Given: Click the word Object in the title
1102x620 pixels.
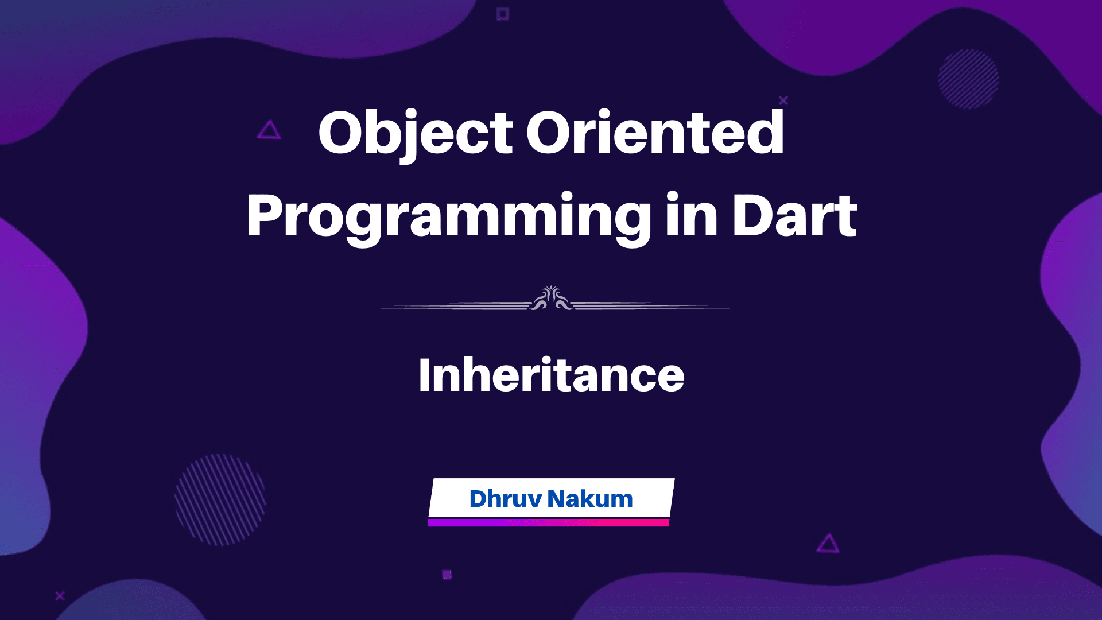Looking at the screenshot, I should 415,133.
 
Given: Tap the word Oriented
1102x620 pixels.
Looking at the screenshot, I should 655,133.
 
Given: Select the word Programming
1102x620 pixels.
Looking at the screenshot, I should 449,217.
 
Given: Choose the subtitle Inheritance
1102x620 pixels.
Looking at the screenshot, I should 551,375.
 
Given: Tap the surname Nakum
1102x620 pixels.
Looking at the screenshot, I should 590,499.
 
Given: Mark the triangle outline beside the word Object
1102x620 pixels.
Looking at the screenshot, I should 269,131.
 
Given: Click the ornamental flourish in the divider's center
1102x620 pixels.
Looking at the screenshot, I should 551,299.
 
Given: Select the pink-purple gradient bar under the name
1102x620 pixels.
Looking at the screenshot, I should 548,522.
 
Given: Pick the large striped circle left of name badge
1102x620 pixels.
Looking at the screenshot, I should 220,499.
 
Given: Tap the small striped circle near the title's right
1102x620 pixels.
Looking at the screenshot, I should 968,79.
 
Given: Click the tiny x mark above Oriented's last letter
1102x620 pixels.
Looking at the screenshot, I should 783,100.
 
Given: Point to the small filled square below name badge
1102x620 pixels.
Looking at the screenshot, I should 447,575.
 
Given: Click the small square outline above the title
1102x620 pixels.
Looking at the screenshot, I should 503,14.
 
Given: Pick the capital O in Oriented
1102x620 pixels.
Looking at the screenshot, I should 548,133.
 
